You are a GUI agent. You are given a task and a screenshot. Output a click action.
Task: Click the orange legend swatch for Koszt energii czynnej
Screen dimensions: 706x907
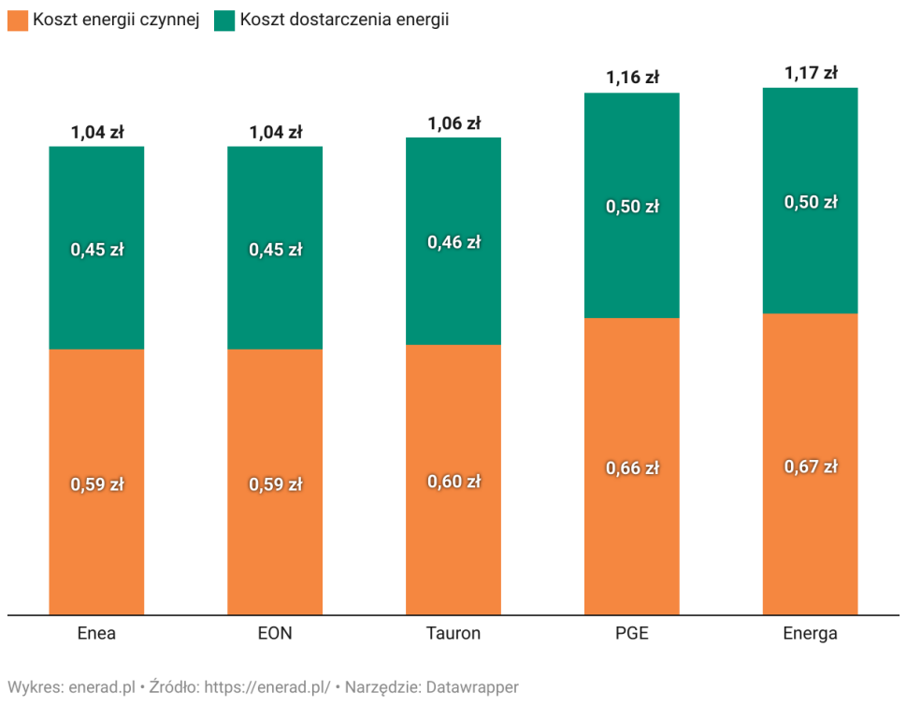[x=18, y=20]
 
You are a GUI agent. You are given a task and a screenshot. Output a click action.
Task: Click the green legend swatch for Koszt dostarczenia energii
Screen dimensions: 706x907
[x=224, y=20]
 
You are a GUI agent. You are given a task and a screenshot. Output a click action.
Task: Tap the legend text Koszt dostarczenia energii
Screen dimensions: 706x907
[x=344, y=20]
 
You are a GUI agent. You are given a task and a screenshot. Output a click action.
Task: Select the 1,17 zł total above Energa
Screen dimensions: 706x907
[x=810, y=72]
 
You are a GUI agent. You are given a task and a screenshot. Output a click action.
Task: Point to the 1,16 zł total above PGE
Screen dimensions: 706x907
[x=632, y=77]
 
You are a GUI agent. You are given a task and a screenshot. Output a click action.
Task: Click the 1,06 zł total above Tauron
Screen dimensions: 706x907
[x=453, y=122]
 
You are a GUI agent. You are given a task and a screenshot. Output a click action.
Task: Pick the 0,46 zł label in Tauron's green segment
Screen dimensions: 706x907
[x=453, y=242]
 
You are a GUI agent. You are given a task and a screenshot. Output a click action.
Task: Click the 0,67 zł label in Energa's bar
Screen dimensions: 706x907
[x=810, y=467]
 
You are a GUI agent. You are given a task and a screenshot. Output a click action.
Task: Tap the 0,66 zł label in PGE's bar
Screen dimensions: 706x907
[x=632, y=468]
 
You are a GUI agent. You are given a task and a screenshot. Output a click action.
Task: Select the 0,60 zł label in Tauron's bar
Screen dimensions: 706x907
[x=453, y=482]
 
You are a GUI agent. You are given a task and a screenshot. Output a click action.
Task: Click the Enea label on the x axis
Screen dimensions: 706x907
[x=96, y=634]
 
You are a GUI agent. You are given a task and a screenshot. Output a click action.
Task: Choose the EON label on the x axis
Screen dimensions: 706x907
[x=275, y=634]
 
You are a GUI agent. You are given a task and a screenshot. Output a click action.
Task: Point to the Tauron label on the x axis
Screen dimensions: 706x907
[x=453, y=634]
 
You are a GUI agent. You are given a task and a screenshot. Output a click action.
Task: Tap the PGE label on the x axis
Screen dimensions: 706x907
[x=632, y=634]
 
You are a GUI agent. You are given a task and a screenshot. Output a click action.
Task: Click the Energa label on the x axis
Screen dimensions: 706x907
[x=810, y=634]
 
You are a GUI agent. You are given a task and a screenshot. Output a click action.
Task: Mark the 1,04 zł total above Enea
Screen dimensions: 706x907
[x=96, y=132]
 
